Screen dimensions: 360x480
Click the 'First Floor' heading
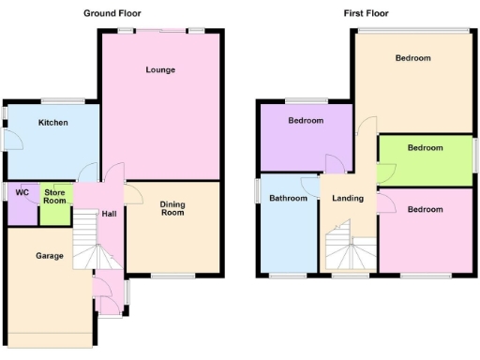point(366,13)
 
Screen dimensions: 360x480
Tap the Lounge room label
point(160,69)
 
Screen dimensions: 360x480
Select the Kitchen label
point(52,122)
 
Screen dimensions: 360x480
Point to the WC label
point(22,192)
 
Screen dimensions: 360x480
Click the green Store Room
point(55,196)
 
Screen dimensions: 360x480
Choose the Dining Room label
point(172,208)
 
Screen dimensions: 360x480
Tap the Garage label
point(49,255)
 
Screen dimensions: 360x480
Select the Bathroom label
point(288,198)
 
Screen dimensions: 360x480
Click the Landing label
point(348,198)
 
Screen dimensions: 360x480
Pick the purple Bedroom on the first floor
point(306,121)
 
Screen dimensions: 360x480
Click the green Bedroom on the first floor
point(425,147)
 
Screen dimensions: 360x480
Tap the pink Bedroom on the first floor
point(425,209)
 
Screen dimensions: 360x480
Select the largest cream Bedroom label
point(412,58)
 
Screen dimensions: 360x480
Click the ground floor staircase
point(87,240)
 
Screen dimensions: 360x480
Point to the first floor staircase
point(348,248)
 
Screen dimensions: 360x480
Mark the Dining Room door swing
point(133,192)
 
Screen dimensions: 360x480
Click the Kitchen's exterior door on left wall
point(7,139)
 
